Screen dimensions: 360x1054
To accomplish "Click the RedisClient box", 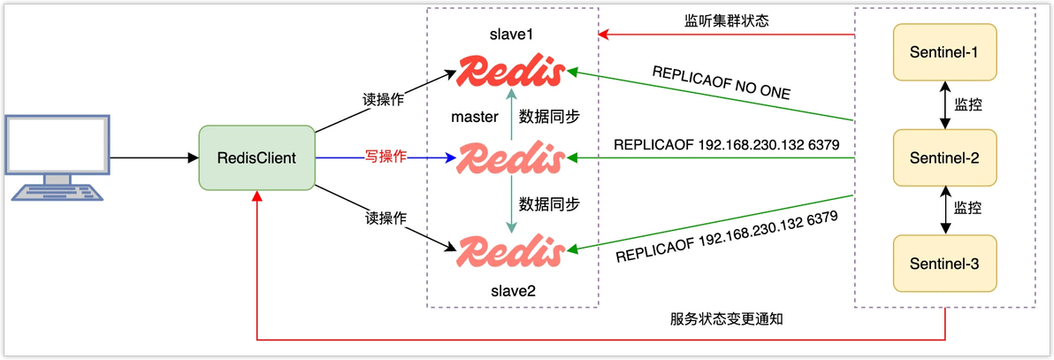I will [x=257, y=157].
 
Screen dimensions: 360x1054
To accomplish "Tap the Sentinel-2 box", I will [x=943, y=157].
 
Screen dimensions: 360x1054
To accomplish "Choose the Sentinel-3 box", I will [x=943, y=263].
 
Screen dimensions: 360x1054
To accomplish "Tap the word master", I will [x=474, y=116].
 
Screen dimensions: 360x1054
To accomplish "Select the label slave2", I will [x=512, y=289].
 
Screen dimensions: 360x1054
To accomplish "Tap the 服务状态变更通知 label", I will [x=728, y=318].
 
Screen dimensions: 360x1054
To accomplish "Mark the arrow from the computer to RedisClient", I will [x=155, y=158].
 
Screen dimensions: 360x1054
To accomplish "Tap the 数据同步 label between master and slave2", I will [x=549, y=204].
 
